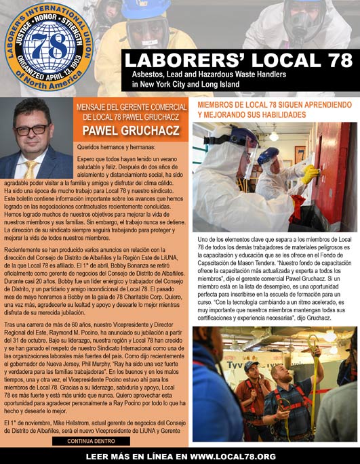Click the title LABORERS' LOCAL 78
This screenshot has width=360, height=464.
[x=241, y=59]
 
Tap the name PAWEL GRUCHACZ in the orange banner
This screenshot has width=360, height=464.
[x=132, y=129]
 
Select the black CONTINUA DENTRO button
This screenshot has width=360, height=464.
[x=91, y=441]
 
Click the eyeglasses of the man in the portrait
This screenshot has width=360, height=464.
[x=32, y=129]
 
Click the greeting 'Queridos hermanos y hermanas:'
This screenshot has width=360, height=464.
[x=115, y=146]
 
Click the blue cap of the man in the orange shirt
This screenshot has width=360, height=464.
[x=252, y=366]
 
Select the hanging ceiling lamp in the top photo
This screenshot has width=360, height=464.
[x=273, y=134]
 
